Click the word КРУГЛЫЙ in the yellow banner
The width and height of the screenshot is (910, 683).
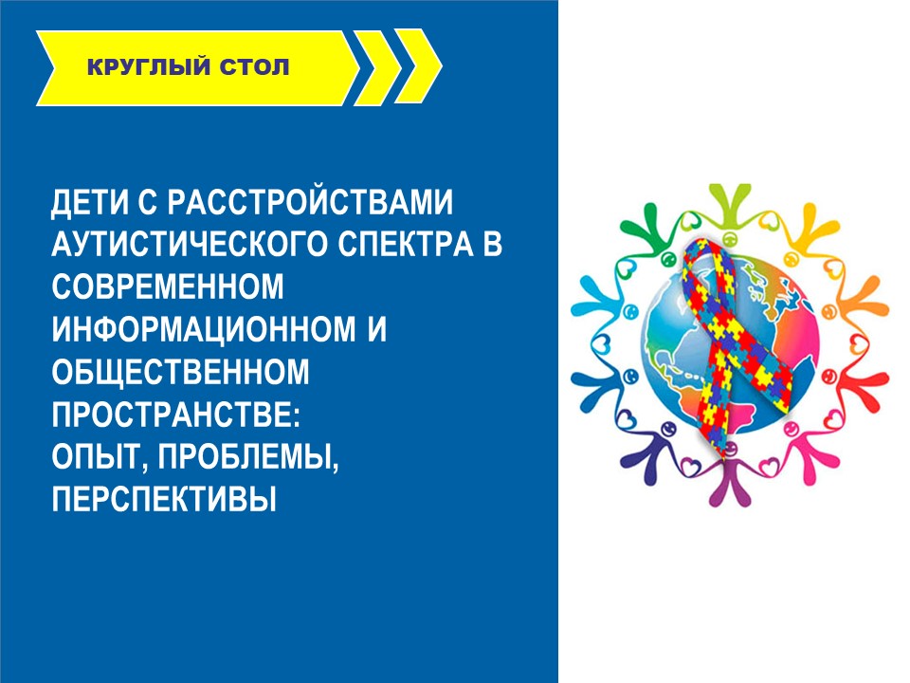tap(148, 66)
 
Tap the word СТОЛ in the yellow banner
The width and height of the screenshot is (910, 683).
tap(254, 67)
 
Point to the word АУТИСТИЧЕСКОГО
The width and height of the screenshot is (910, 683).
tap(190, 244)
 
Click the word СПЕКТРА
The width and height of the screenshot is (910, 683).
tap(406, 244)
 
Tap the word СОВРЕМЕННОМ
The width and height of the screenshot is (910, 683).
tap(168, 286)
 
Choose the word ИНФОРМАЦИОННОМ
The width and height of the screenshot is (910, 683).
tap(204, 329)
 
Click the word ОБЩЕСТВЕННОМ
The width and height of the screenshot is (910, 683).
tap(180, 372)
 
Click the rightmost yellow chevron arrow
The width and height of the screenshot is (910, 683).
tap(420, 66)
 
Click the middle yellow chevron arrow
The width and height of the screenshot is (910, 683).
tap(378, 66)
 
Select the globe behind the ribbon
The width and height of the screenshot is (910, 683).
tap(733, 342)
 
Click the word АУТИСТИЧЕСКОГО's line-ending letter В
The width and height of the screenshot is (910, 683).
tap(492, 244)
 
